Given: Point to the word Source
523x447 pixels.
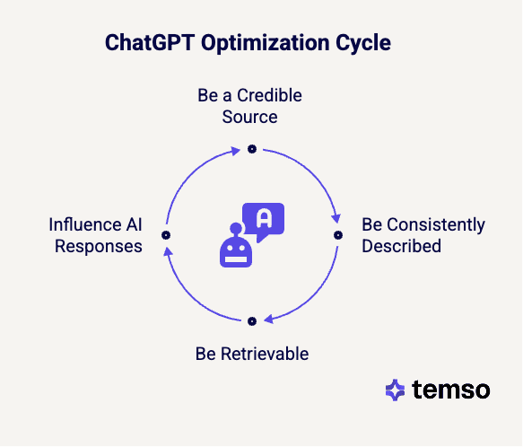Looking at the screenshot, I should [x=251, y=117].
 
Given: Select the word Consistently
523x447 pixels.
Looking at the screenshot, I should [x=435, y=224].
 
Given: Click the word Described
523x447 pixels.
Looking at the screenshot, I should [x=401, y=245].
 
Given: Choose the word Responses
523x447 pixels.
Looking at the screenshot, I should [x=99, y=245].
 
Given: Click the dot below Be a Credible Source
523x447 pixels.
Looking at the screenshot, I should [x=252, y=148].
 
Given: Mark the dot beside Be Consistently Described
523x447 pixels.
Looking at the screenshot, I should [x=338, y=234].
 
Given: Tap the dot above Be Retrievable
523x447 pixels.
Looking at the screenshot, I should [x=252, y=320].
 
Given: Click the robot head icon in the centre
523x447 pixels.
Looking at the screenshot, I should [x=236, y=249].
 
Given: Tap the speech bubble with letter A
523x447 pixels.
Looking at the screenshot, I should [x=263, y=221].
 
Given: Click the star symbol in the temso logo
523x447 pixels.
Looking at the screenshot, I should [x=395, y=390].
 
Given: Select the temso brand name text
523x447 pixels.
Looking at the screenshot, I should [x=451, y=390].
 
